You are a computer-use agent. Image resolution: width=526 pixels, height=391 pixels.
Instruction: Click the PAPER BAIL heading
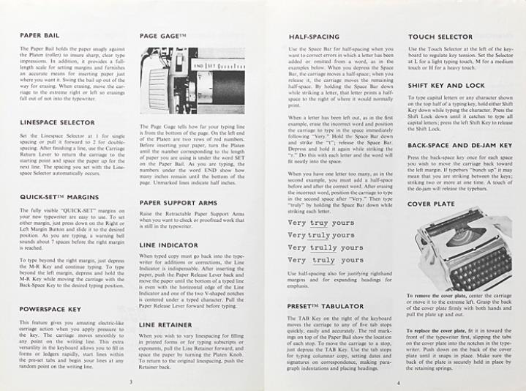[x=40, y=35]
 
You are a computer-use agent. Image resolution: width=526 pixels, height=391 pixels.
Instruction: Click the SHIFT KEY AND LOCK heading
[x=446, y=86]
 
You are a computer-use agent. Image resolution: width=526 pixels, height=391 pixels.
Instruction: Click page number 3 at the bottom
[x=129, y=381]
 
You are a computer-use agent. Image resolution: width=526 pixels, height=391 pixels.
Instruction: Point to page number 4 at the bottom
[x=398, y=381]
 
